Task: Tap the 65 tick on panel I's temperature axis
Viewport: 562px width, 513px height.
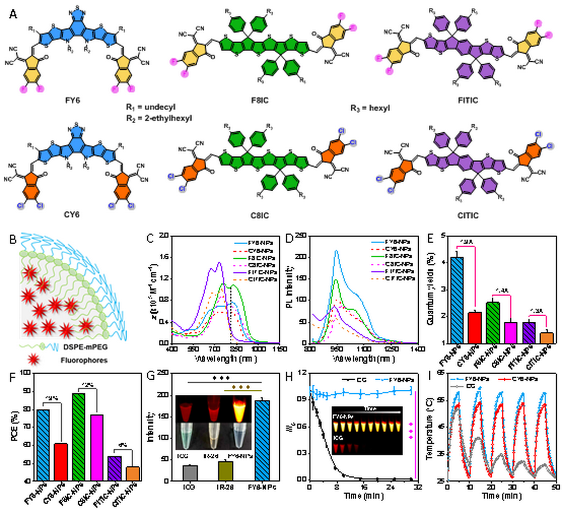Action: click(440, 372)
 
